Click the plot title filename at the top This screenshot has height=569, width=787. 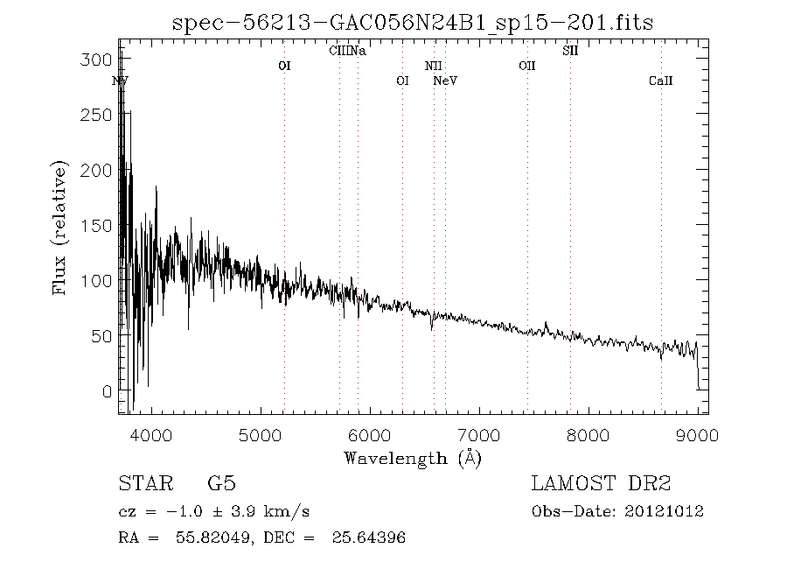(x=413, y=21)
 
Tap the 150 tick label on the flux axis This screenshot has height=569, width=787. (x=101, y=226)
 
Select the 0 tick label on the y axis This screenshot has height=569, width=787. (x=108, y=391)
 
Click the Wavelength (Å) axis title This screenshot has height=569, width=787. (x=413, y=457)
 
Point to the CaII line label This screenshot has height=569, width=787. (x=660, y=81)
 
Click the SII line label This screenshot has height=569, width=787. (x=570, y=52)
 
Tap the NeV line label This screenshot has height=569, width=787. (x=446, y=81)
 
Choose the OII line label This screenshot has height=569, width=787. (x=526, y=66)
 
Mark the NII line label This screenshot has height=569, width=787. (x=434, y=66)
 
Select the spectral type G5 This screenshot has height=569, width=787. (x=221, y=484)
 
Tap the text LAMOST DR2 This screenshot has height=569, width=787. (x=601, y=484)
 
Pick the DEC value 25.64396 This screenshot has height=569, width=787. (x=366, y=537)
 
